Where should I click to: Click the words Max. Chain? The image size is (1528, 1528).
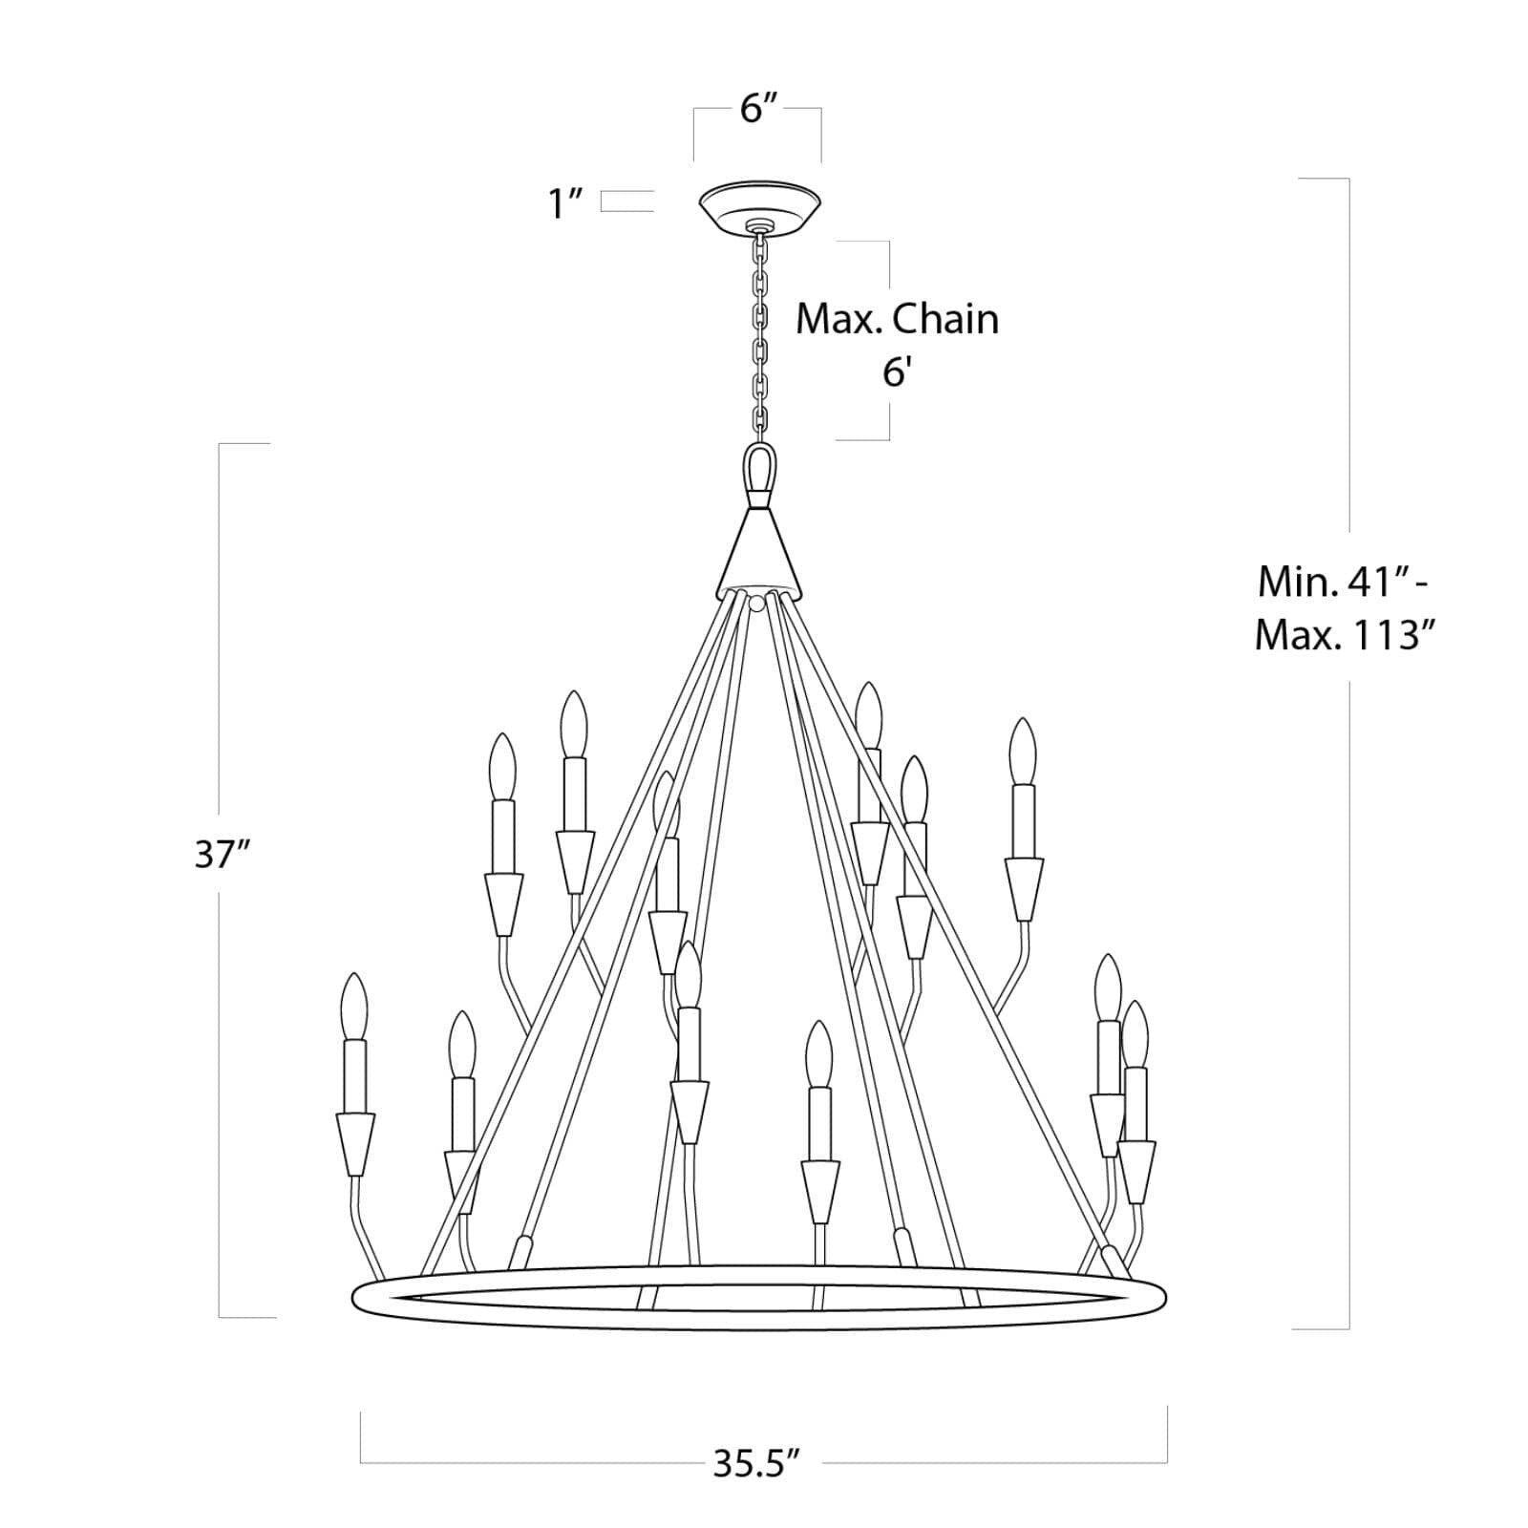click(897, 319)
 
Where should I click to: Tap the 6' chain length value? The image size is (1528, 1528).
click(894, 372)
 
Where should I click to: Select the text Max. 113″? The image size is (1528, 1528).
click(1347, 632)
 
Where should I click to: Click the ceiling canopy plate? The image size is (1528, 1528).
click(759, 205)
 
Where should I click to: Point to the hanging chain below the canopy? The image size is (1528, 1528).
click(761, 334)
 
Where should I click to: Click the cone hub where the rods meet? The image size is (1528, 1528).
click(759, 554)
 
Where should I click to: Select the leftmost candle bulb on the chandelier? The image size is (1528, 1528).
click(353, 1006)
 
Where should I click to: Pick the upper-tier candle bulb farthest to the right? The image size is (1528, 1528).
click(1023, 751)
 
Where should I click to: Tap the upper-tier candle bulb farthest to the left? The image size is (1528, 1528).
click(501, 766)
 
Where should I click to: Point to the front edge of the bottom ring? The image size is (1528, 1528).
click(759, 1325)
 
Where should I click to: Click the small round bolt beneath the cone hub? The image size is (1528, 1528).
click(757, 603)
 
